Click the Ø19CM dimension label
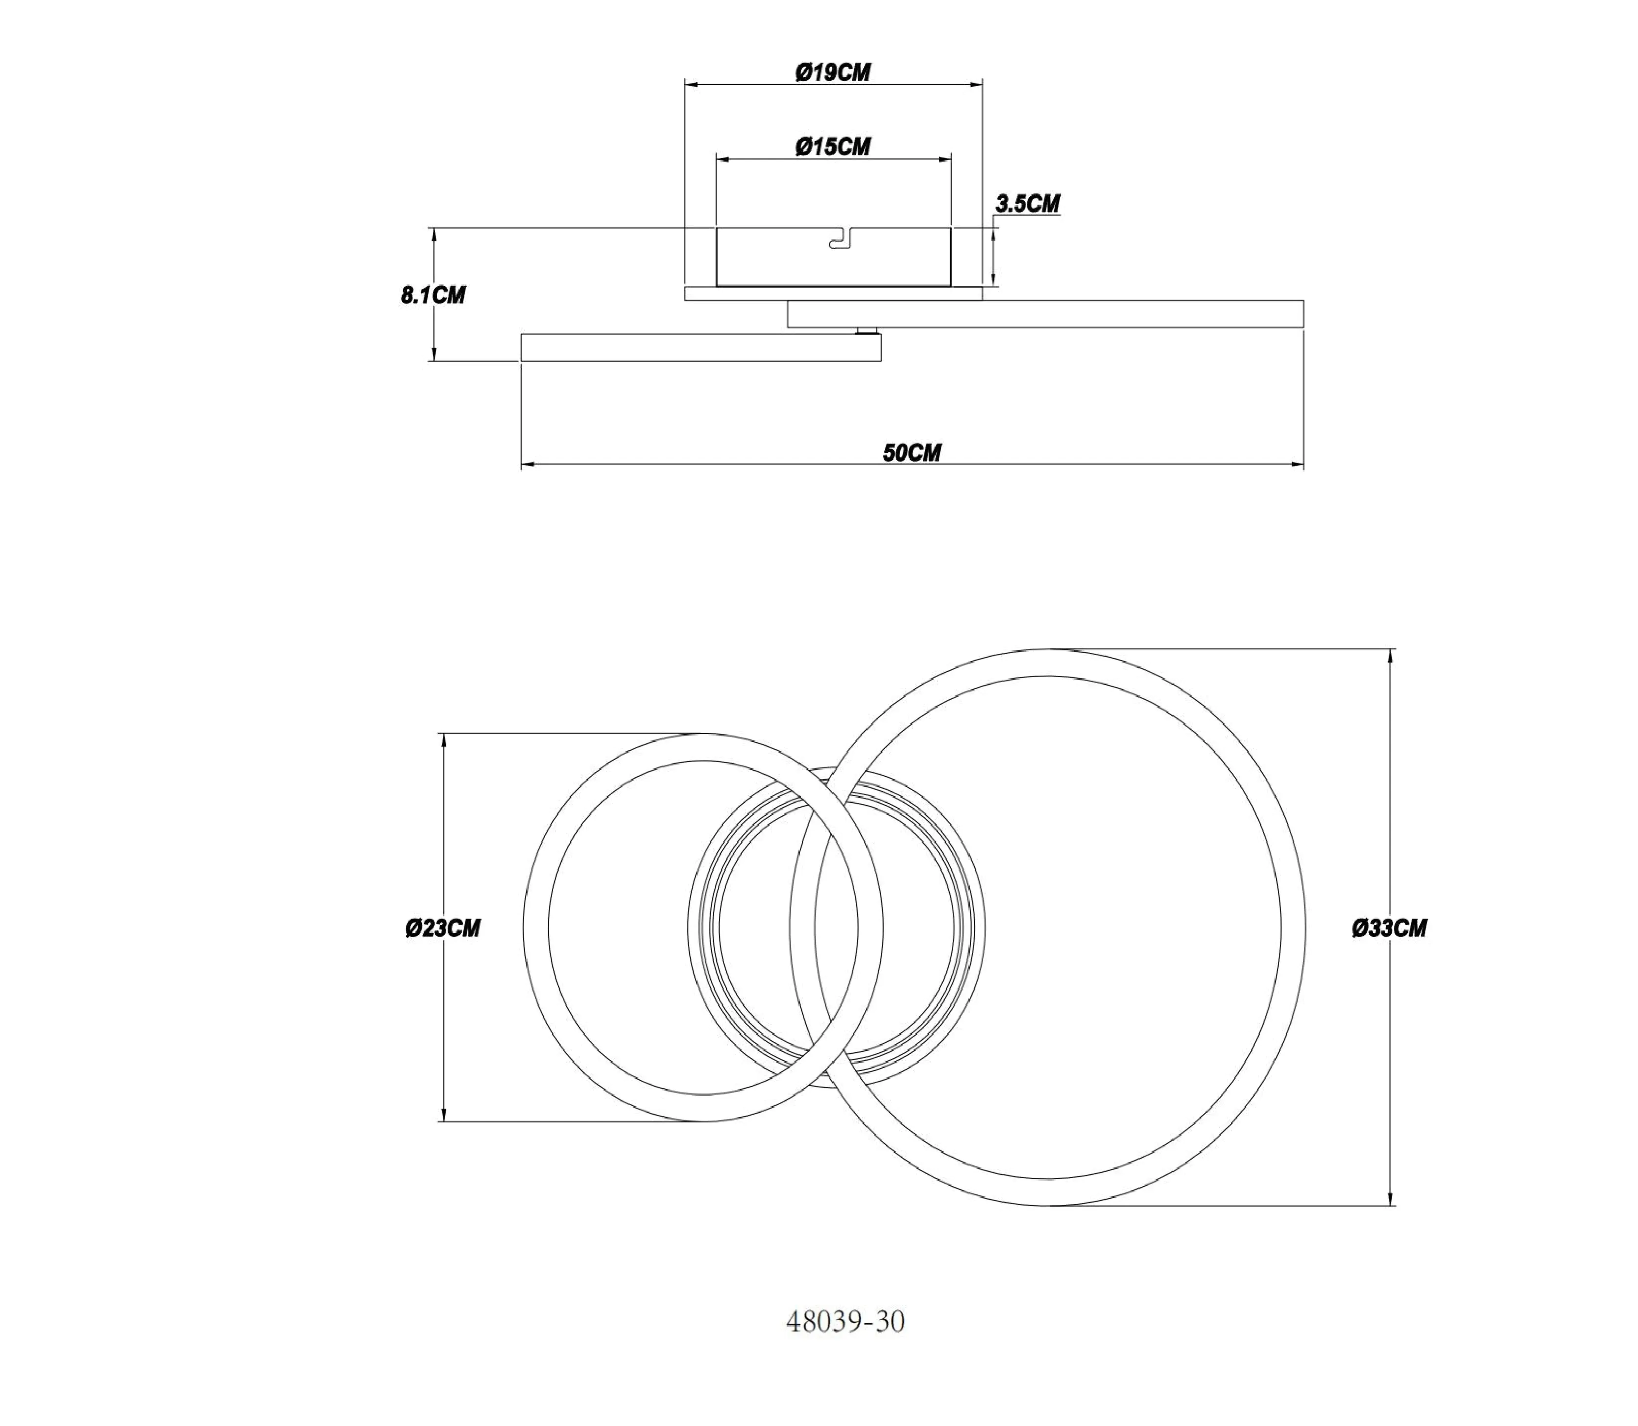833,72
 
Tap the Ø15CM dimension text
833,146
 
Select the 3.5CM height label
1028,204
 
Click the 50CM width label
912,453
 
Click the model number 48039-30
845,1322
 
